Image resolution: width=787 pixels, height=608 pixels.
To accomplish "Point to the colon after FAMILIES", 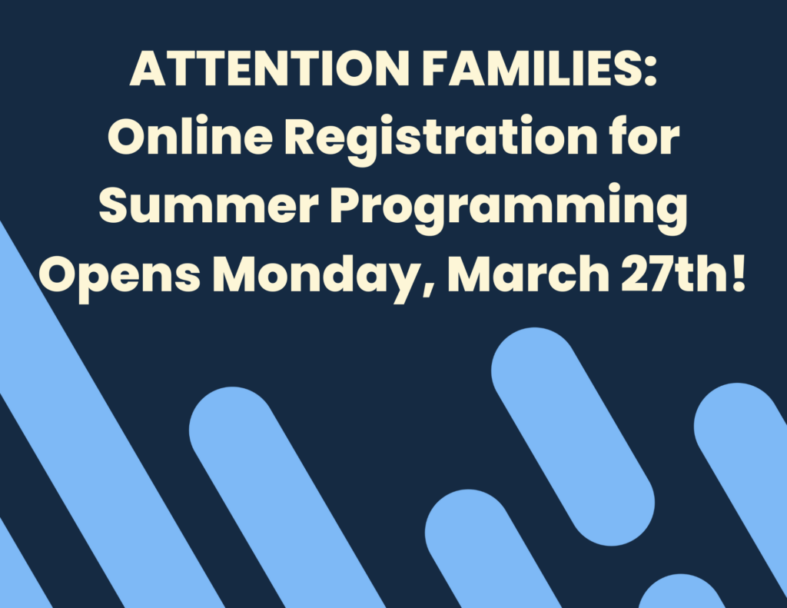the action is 649,73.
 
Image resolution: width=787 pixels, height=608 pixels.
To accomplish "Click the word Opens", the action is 121,277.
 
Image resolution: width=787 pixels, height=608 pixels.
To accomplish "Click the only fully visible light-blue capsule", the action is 573,437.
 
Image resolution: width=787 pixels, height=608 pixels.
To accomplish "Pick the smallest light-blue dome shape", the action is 682,593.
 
